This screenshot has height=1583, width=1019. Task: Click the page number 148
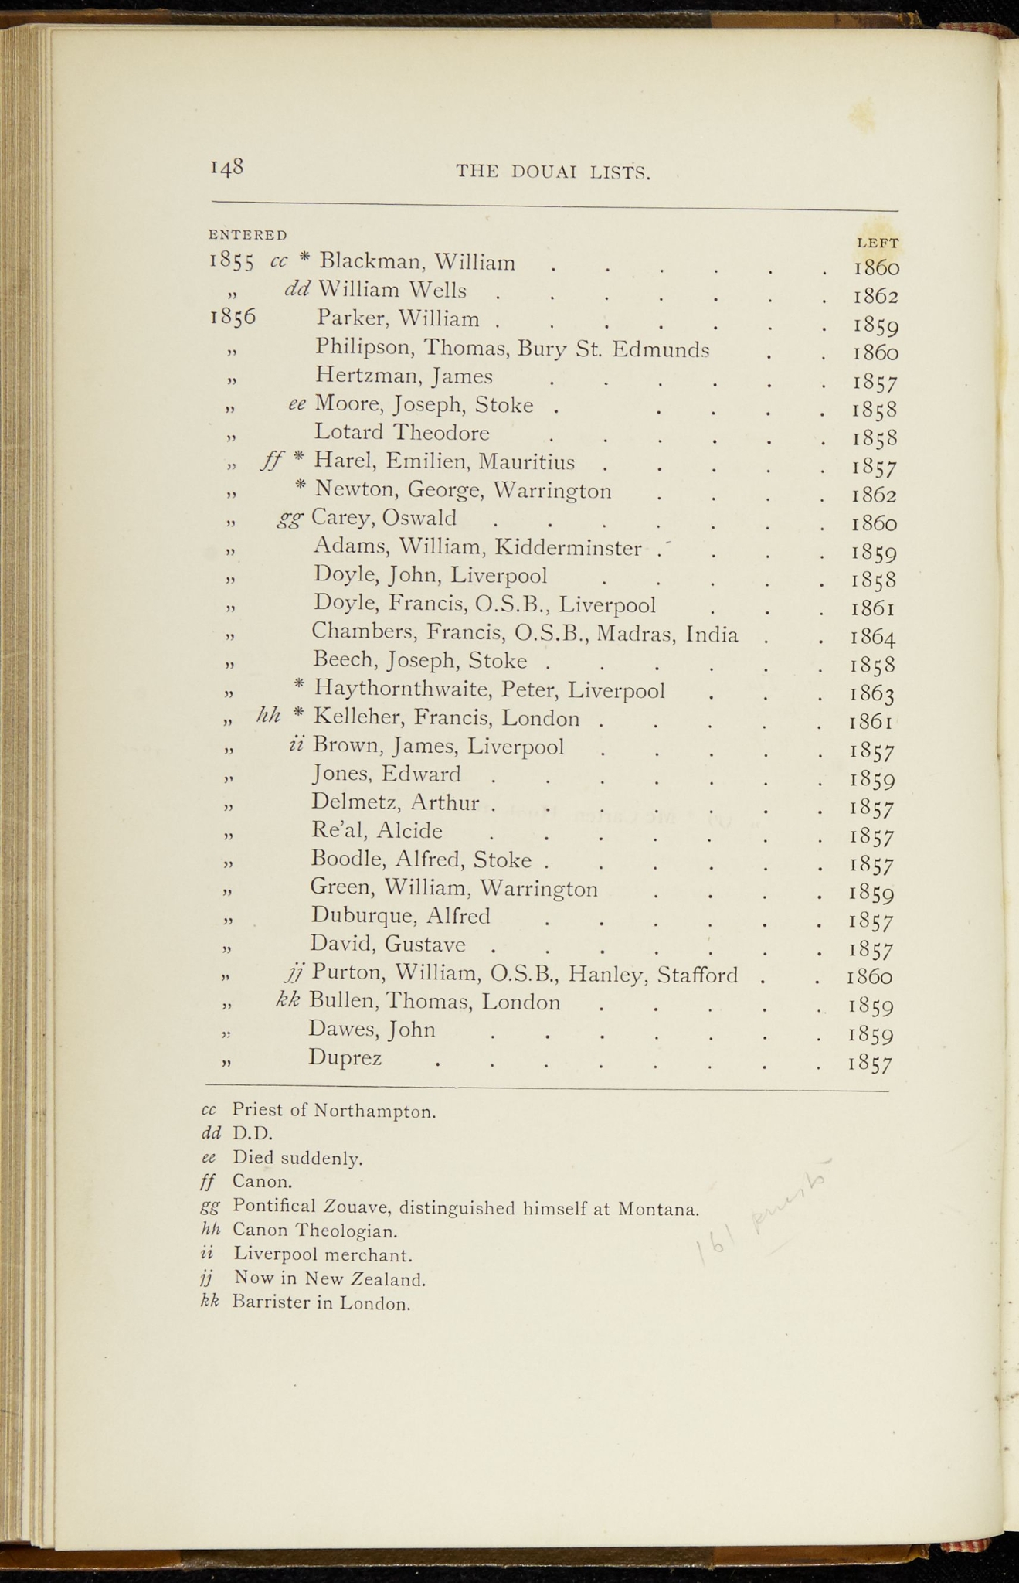(x=227, y=168)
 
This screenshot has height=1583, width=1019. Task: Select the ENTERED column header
(x=247, y=234)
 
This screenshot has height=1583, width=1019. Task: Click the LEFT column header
(x=877, y=243)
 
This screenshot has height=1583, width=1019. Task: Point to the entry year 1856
(x=233, y=318)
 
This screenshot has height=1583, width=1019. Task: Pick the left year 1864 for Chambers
(x=873, y=636)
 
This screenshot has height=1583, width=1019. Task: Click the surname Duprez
(x=345, y=1057)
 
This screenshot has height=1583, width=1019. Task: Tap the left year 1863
(x=873, y=693)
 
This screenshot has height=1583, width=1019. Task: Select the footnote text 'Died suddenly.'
(x=297, y=1158)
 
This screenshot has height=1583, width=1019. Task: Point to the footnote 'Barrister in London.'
(x=321, y=1303)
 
